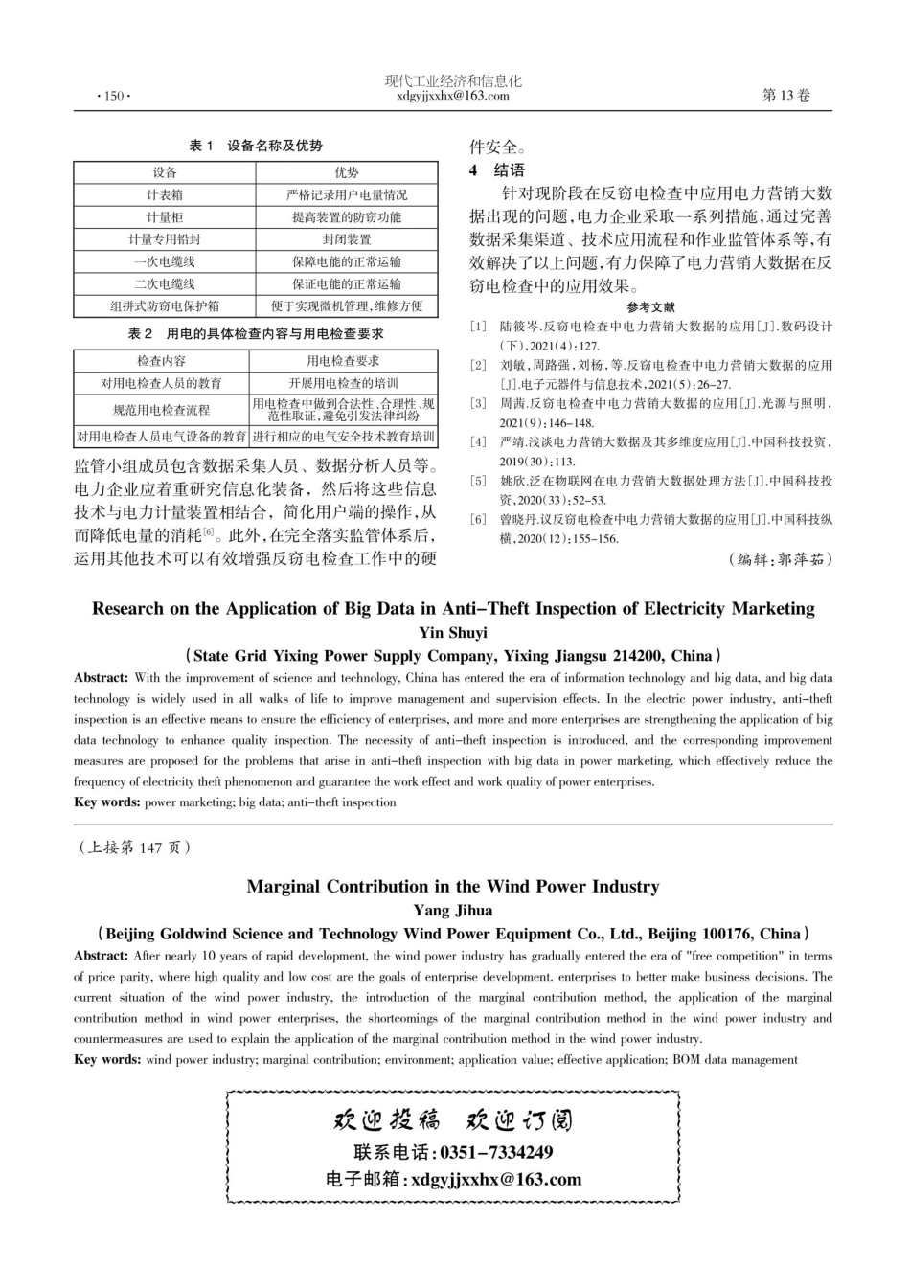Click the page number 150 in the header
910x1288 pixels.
114,96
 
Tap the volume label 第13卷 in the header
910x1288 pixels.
785,95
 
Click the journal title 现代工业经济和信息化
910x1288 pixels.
453,81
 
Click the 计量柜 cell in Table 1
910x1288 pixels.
165,217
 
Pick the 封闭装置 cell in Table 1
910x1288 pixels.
346,239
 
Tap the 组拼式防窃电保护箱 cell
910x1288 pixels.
165,306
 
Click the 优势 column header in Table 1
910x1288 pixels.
346,172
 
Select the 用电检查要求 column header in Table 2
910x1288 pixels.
343,361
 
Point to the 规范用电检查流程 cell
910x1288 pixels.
161,410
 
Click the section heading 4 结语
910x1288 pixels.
496,170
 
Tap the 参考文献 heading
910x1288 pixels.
650,307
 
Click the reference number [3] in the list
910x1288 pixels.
478,404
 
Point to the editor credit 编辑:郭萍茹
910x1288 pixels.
781,559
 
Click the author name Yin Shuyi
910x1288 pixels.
453,633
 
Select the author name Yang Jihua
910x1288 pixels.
453,911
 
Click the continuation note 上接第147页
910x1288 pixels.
134,847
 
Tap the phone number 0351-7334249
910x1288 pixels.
496,1152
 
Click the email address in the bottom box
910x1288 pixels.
495,1180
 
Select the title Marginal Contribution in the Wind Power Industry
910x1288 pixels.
453,887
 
